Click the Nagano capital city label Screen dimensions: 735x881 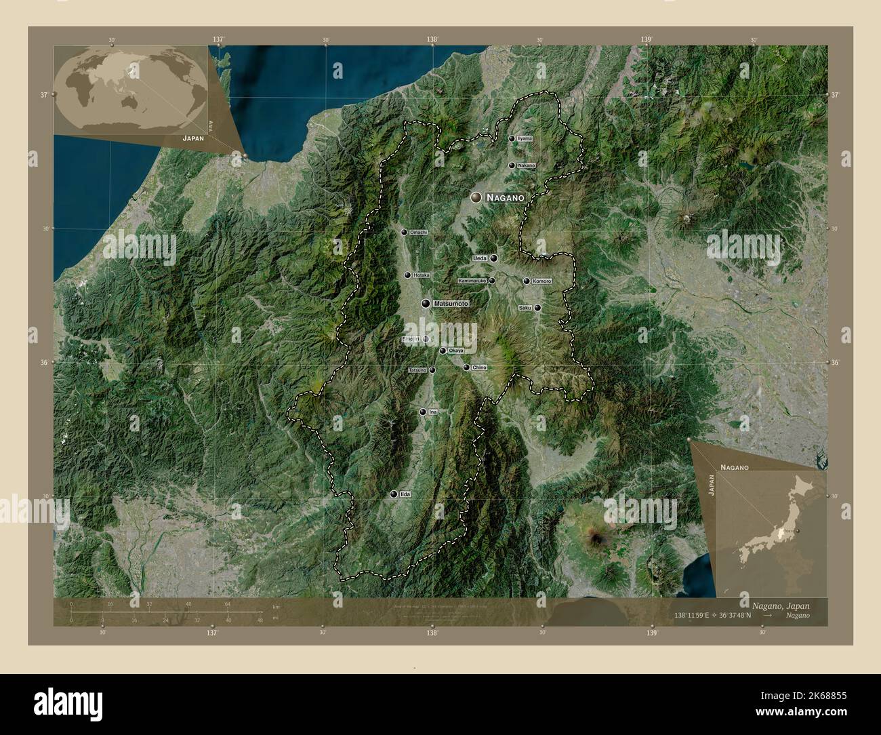(x=505, y=197)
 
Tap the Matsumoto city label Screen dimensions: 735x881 (x=451, y=304)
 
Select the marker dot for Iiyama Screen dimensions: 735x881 (x=512, y=138)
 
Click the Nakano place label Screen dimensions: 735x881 (x=526, y=165)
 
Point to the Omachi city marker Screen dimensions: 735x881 (x=404, y=232)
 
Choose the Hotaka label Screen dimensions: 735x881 (x=422, y=275)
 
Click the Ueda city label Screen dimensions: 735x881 (x=480, y=258)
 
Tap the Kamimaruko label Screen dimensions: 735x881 (x=472, y=281)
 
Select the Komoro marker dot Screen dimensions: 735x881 (x=527, y=281)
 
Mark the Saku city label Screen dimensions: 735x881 (x=525, y=308)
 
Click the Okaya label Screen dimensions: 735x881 (x=456, y=351)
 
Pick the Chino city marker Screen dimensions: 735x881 (x=466, y=367)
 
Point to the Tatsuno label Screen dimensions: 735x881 (x=417, y=370)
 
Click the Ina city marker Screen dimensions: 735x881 (x=422, y=412)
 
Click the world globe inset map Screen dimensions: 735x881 (x=129, y=89)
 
